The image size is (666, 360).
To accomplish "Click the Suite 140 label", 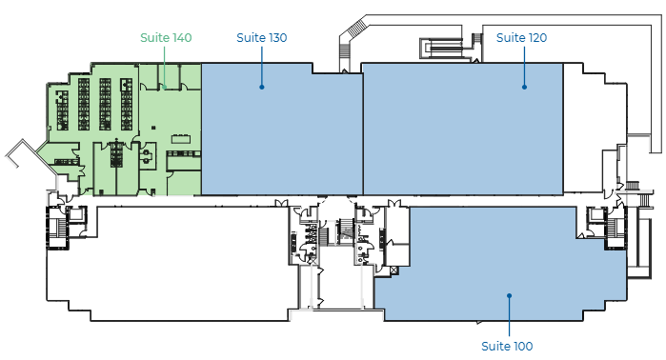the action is point(166,38).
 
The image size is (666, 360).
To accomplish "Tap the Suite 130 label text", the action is point(262,38).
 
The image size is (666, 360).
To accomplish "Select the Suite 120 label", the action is point(521,38).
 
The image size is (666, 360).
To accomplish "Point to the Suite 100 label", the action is point(507,347).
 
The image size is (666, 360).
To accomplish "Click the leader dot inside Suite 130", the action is point(262,87).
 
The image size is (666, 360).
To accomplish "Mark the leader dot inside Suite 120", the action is point(525,87).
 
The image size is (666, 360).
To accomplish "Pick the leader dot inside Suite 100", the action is point(510,295).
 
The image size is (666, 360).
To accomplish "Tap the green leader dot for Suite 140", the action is point(165,87).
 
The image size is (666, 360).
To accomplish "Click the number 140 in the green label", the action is point(182,38).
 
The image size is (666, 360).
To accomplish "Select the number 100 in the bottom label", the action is point(523,347).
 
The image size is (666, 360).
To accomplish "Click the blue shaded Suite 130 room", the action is point(282,130).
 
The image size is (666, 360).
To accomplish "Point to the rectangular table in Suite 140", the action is point(181,139).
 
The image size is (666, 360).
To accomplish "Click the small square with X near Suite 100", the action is point(394,270).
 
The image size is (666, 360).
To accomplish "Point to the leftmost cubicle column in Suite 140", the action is point(63,110).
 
